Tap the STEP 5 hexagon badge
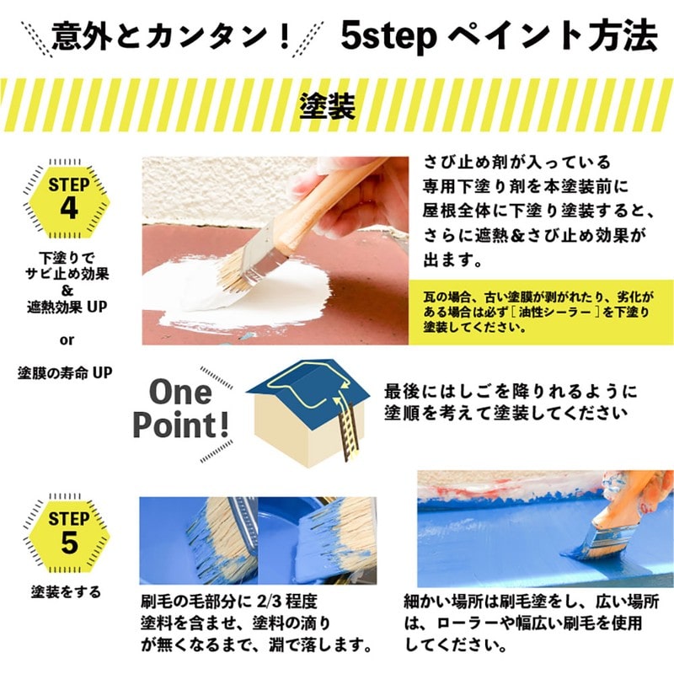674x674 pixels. [69, 532]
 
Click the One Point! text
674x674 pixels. [181, 409]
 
